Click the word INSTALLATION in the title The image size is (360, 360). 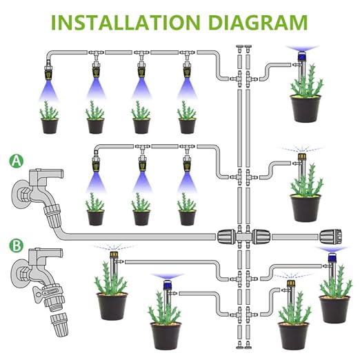[x=126, y=22]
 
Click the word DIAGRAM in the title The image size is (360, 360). [x=258, y=22]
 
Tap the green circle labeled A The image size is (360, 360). [x=17, y=161]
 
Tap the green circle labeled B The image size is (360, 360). [x=17, y=246]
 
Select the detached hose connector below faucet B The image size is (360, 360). [x=59, y=324]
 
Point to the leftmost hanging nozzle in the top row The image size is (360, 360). [x=49, y=70]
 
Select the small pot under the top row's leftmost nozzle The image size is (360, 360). [x=50, y=126]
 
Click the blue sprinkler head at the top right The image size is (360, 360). [x=302, y=56]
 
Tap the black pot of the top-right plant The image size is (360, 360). [x=306, y=108]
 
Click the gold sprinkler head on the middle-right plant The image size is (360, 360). [x=302, y=157]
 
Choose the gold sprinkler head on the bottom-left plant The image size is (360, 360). [x=113, y=254]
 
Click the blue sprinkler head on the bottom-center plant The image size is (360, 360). [x=168, y=285]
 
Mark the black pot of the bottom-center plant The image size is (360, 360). [x=166, y=336]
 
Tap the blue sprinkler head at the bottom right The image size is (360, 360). [x=332, y=257]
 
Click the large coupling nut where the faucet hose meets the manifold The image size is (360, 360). [x=226, y=237]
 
